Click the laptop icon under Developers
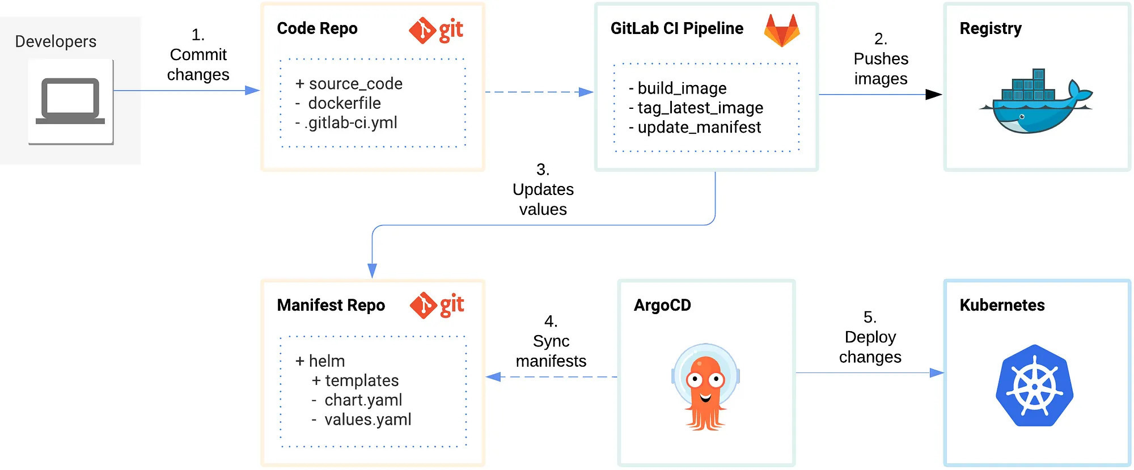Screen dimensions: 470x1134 [70, 101]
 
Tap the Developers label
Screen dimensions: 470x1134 [56, 41]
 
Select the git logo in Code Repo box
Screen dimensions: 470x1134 [436, 30]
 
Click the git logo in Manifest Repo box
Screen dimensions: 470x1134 [437, 305]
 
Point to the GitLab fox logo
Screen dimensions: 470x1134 [781, 31]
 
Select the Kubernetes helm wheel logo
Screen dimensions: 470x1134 [1034, 386]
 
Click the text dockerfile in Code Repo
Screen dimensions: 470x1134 [344, 103]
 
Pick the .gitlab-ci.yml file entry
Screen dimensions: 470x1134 [350, 122]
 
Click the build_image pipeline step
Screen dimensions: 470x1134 [682, 88]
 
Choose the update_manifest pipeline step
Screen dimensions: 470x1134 [699, 128]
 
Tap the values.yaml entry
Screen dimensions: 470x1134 [367, 420]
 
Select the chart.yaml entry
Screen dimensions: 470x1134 [363, 400]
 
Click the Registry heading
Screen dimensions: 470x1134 [990, 28]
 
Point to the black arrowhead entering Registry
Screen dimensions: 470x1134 [933, 95]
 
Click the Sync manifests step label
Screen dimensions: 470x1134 [551, 341]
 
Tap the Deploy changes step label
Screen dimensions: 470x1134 [870, 337]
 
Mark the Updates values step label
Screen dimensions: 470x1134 [543, 189]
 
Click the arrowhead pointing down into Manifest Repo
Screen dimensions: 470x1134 [372, 270]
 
